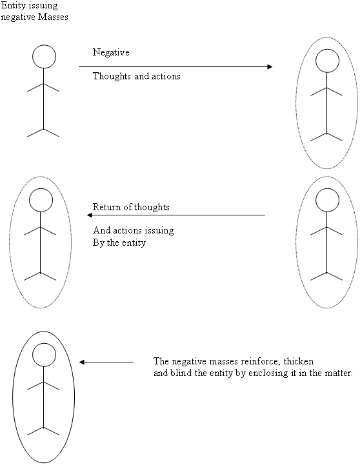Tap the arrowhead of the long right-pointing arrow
[x=270, y=66]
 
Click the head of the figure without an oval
[x=44, y=57]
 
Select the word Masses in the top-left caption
[x=54, y=17]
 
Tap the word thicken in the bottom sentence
[x=299, y=361]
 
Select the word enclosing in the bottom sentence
[x=268, y=373]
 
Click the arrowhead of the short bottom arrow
[x=82, y=362]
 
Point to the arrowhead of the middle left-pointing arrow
[x=90, y=215]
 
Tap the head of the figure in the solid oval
[x=44, y=355]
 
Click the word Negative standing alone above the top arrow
[x=111, y=52]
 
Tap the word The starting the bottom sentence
[x=161, y=361]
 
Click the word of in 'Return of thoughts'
[x=128, y=206]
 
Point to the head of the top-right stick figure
[x=327, y=61]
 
